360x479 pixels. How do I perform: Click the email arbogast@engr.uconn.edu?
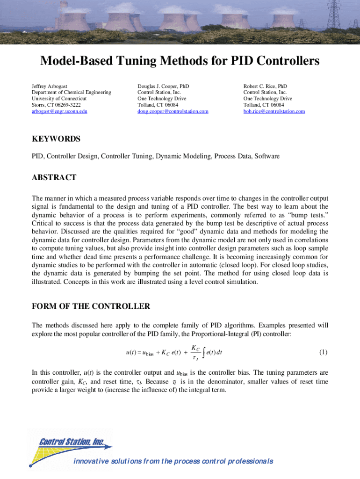pyautogui.click(x=59, y=111)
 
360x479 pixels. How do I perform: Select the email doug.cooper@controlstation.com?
pyautogui.click(x=173, y=111)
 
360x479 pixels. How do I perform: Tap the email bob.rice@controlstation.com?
pyautogui.click(x=274, y=111)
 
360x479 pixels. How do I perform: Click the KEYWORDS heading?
pyautogui.click(x=56, y=139)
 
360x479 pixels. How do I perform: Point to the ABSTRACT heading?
pyautogui.click(x=54, y=178)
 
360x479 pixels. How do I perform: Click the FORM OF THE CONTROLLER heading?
pyautogui.click(x=91, y=307)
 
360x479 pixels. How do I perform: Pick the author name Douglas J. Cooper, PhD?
pyautogui.click(x=163, y=87)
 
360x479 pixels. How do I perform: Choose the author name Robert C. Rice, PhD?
pyautogui.click(x=265, y=87)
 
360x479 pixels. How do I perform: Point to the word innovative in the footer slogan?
pyautogui.click(x=90, y=462)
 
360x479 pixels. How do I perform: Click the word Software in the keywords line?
pyautogui.click(x=267, y=156)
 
